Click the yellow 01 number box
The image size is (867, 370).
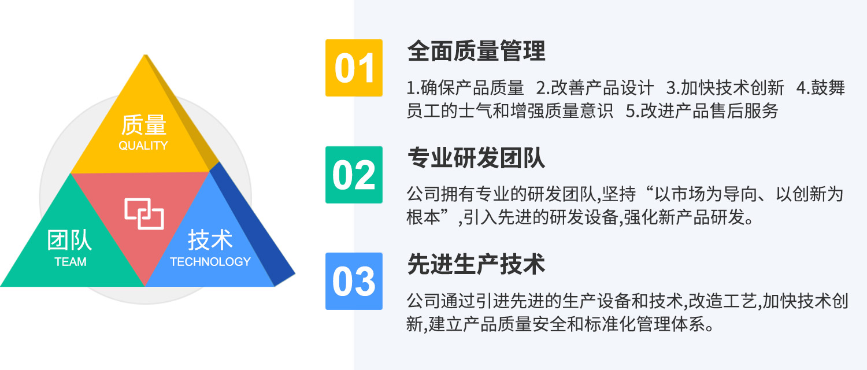coord(354,68)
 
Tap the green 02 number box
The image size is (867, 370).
coord(354,175)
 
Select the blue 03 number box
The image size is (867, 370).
coord(354,282)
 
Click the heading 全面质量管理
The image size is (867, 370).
coord(476,51)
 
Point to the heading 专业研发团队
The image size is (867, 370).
coord(476,157)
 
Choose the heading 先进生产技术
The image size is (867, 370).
coord(476,264)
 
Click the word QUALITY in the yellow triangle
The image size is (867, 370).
coord(143,146)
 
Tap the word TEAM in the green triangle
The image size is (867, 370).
coord(71,262)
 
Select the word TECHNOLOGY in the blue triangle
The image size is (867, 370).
coord(210,262)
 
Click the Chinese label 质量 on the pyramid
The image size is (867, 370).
coord(143,125)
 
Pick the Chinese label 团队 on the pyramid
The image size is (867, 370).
coord(70,240)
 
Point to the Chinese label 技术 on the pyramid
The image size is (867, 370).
coord(210,240)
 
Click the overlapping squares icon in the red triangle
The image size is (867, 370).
coord(144,214)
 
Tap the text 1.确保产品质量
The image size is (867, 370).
coord(465,88)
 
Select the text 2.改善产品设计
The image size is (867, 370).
coord(595,88)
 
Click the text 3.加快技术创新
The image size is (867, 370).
coord(725,88)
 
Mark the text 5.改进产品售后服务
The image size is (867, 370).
coord(702,111)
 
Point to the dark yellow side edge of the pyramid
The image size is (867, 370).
coord(182,112)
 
